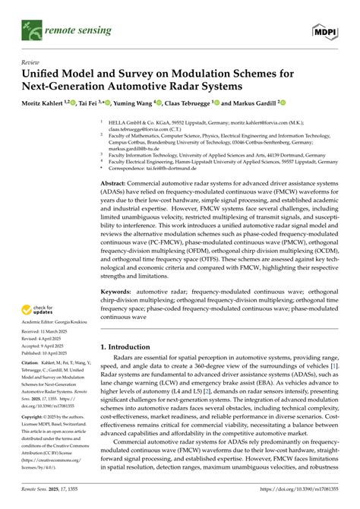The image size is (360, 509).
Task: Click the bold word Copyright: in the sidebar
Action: (35, 439)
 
